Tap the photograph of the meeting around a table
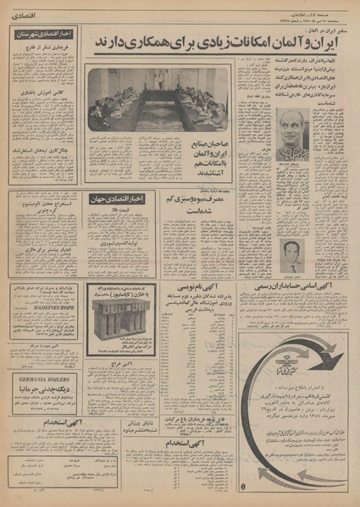[157, 99]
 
